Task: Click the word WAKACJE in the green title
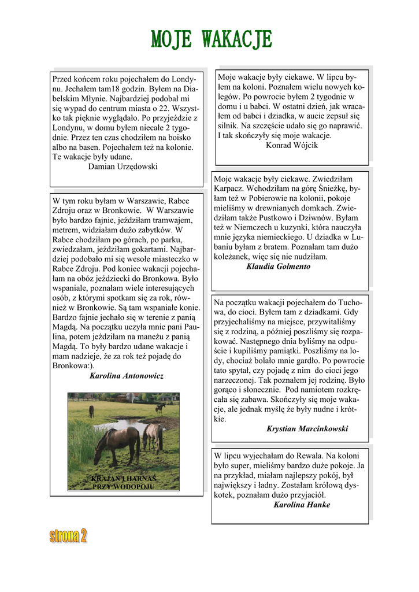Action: tap(237, 39)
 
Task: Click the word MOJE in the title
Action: tap(171, 39)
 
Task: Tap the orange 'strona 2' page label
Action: tap(68, 536)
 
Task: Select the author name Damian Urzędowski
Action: tap(123, 166)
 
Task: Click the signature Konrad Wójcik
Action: tap(292, 146)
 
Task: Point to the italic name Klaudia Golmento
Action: tap(278, 267)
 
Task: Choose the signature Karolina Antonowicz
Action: tap(127, 376)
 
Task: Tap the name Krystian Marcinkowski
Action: tap(307, 429)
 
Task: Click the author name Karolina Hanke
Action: tap(302, 505)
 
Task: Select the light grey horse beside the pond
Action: tap(153, 436)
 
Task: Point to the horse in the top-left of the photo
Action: tap(91, 411)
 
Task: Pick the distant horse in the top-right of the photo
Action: tap(160, 408)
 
